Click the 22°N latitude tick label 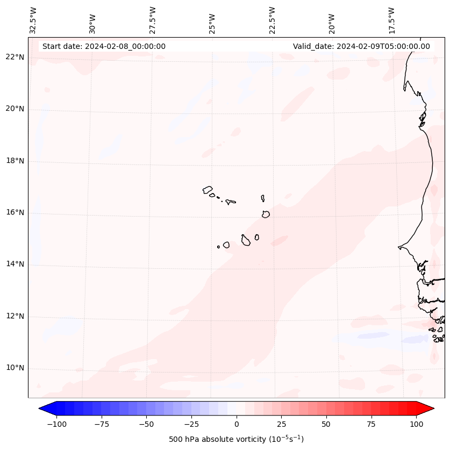[15, 58]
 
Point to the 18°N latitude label [15, 161]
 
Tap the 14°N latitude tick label [15, 264]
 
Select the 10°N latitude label [15, 368]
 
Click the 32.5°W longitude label [33, 20]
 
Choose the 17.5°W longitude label [391, 20]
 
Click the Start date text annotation [104, 46]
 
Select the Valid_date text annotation [361, 46]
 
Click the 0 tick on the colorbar [237, 424]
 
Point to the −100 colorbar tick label [57, 424]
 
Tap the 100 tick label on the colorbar [416, 424]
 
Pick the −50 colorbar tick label [147, 424]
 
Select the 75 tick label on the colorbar [371, 424]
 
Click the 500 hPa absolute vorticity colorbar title [237, 439]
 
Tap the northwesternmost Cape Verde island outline [208, 189]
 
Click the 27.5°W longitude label [153, 20]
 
